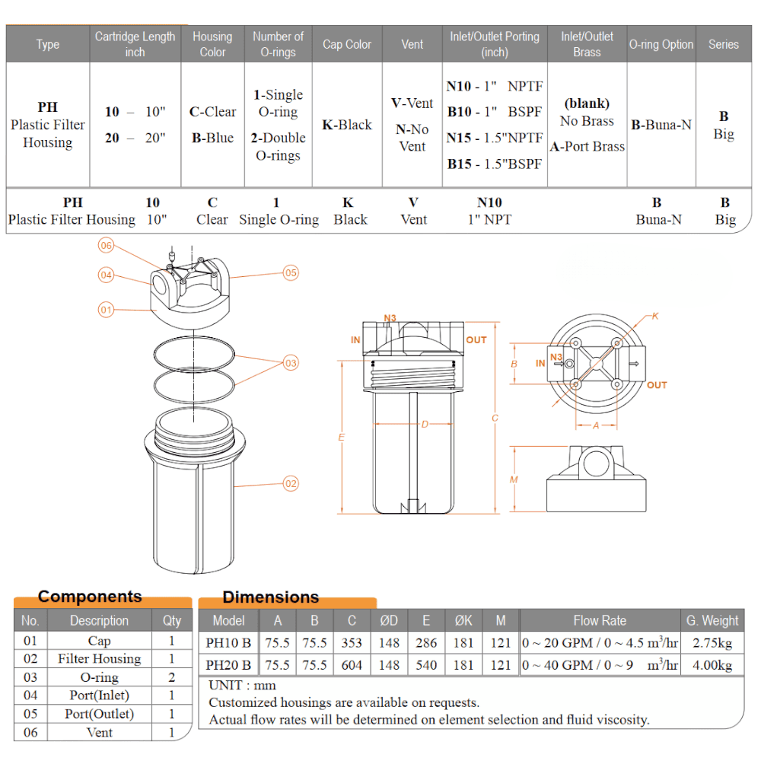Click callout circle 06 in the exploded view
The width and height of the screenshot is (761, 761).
(x=106, y=245)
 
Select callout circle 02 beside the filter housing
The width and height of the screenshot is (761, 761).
(x=291, y=483)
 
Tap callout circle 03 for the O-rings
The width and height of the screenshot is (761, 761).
(x=291, y=363)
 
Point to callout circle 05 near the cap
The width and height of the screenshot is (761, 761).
(x=291, y=272)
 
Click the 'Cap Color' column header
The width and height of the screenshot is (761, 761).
(x=347, y=44)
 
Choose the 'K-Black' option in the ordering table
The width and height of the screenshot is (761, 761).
(x=347, y=125)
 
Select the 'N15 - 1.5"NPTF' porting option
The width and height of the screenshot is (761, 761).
(x=495, y=138)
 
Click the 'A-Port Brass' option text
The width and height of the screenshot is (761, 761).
(x=587, y=147)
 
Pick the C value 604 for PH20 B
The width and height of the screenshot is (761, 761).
(x=352, y=665)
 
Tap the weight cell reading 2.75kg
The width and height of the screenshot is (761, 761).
(x=712, y=643)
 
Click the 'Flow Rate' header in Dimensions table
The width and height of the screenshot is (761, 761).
(x=600, y=620)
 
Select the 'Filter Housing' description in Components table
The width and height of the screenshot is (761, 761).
(x=100, y=658)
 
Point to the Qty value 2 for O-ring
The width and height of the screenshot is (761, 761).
(x=172, y=677)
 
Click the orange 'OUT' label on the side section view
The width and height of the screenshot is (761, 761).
(x=476, y=339)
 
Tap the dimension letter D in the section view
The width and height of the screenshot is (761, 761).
(x=425, y=424)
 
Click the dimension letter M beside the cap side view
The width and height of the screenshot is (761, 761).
(x=514, y=479)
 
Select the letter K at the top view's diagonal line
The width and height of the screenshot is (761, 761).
(x=655, y=316)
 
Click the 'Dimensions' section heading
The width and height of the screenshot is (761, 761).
(x=270, y=597)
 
